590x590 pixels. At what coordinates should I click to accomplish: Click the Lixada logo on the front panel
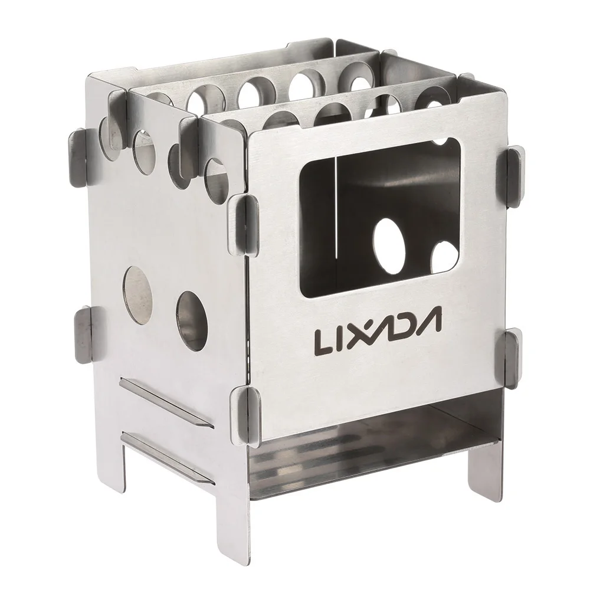378,330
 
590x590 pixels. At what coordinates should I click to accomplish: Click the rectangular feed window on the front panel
380,218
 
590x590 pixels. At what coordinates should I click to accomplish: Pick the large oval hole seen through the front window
389,246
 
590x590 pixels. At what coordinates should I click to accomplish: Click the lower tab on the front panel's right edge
513,358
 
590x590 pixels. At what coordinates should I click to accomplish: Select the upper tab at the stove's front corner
244,225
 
